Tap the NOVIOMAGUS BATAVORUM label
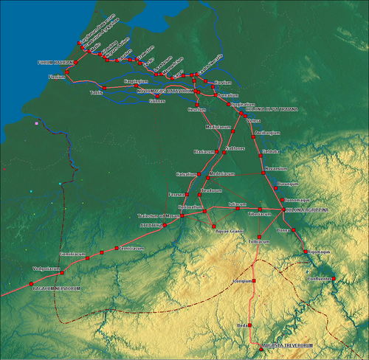click(166, 91)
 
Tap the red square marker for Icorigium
click(253, 281)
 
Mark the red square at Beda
click(250, 325)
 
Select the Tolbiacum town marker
click(259, 236)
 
